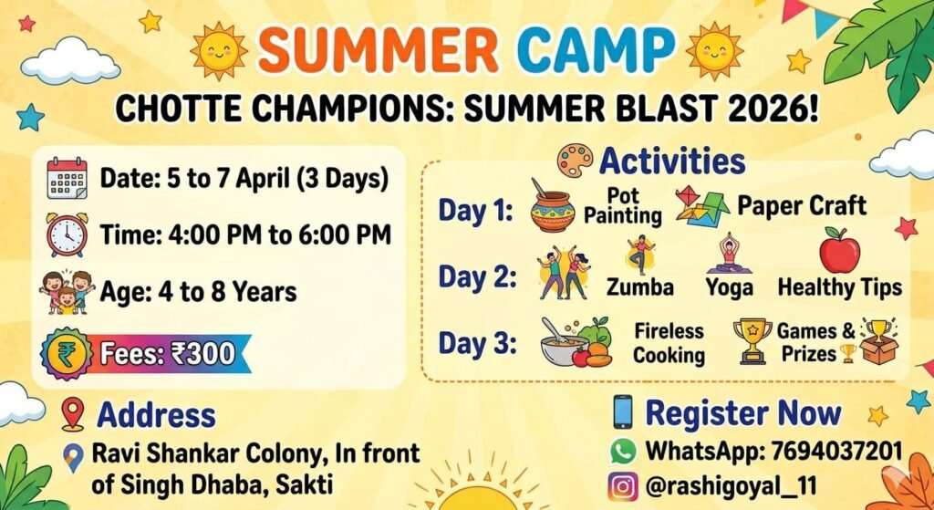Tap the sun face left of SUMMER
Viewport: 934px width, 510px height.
point(219,52)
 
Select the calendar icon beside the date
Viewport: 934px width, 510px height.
point(67,178)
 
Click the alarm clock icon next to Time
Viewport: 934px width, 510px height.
point(67,234)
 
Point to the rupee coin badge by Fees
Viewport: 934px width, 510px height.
point(66,354)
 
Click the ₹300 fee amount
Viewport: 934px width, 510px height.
point(202,354)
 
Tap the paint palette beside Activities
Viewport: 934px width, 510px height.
point(575,160)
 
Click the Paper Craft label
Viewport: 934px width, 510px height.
point(802,206)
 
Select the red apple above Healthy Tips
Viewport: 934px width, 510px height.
point(839,250)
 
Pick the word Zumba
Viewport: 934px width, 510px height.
point(639,287)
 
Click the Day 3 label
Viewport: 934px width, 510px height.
point(477,344)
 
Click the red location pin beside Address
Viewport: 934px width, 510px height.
point(73,414)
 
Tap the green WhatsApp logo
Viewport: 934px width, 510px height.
point(623,451)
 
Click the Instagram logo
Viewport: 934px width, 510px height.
point(623,486)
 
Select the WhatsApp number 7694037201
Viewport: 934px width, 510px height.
point(836,451)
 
